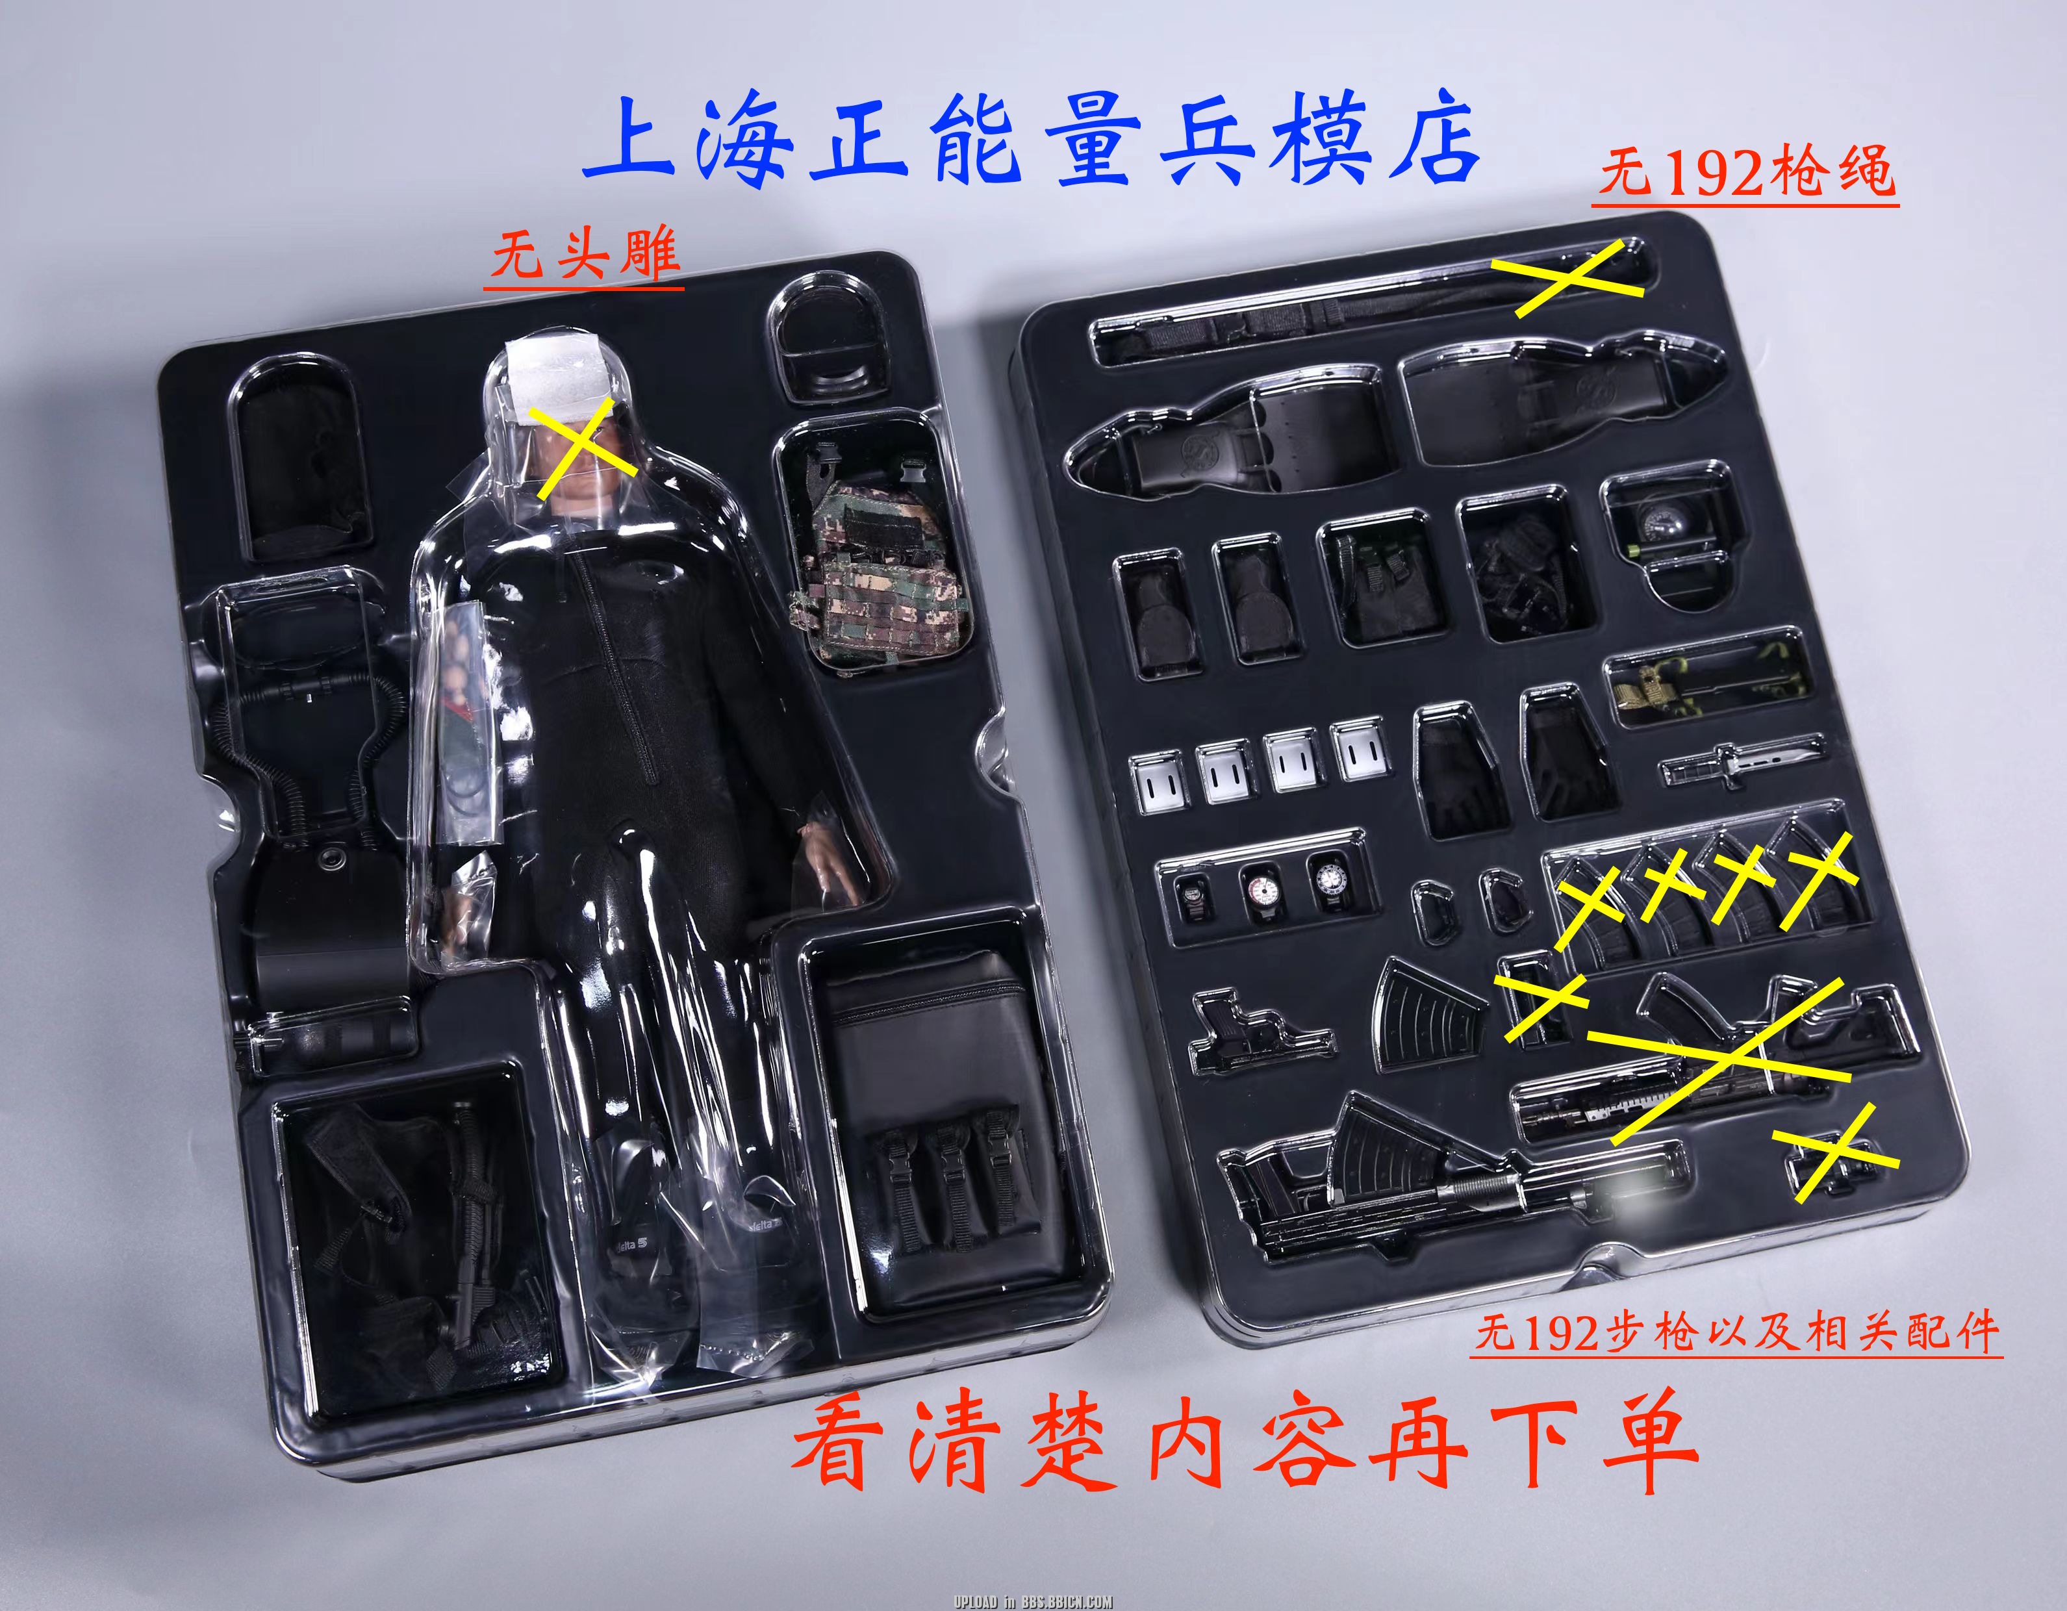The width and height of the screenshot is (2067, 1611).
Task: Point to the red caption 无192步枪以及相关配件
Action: tap(1737, 1332)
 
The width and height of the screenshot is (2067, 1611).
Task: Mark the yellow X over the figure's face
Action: tap(583, 449)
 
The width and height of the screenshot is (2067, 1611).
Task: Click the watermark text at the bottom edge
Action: tap(1033, 1601)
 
